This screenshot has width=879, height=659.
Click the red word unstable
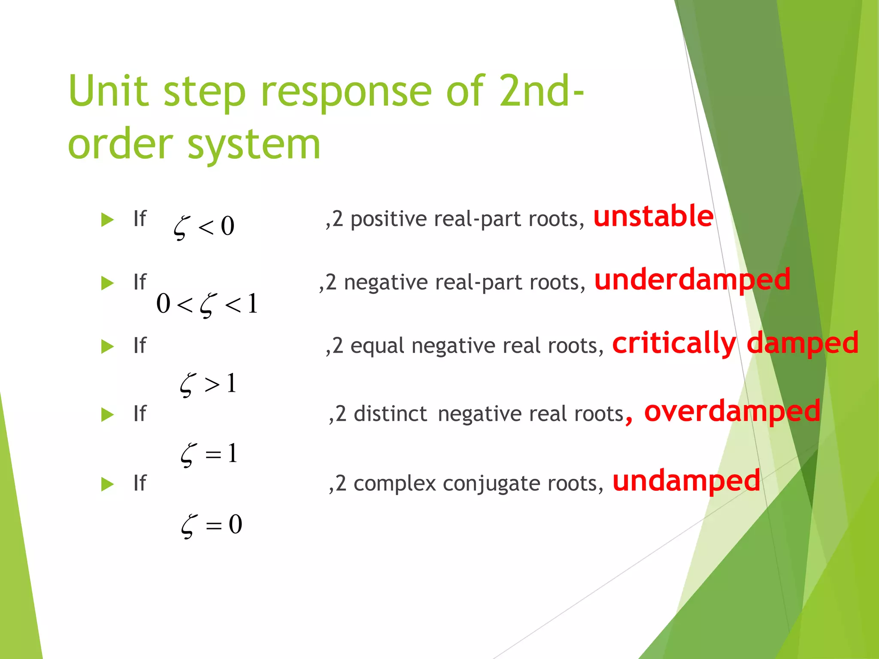click(653, 216)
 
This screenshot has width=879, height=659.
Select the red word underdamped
click(692, 280)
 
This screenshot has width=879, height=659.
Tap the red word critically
click(674, 343)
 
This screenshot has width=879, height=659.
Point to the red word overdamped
click(732, 411)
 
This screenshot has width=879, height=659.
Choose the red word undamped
click(686, 481)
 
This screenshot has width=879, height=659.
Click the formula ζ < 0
click(204, 227)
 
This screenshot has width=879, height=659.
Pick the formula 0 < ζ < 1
click(207, 304)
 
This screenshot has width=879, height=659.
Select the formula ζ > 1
click(208, 384)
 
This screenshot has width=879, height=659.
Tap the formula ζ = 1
click(209, 454)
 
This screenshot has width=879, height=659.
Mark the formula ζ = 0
click(211, 525)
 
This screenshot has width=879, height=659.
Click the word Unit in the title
click(108, 91)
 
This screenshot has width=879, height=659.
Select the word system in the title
click(254, 145)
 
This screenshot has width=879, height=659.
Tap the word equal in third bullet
click(377, 346)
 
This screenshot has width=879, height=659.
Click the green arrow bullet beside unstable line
click(107, 220)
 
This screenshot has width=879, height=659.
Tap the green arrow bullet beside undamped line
click(107, 484)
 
